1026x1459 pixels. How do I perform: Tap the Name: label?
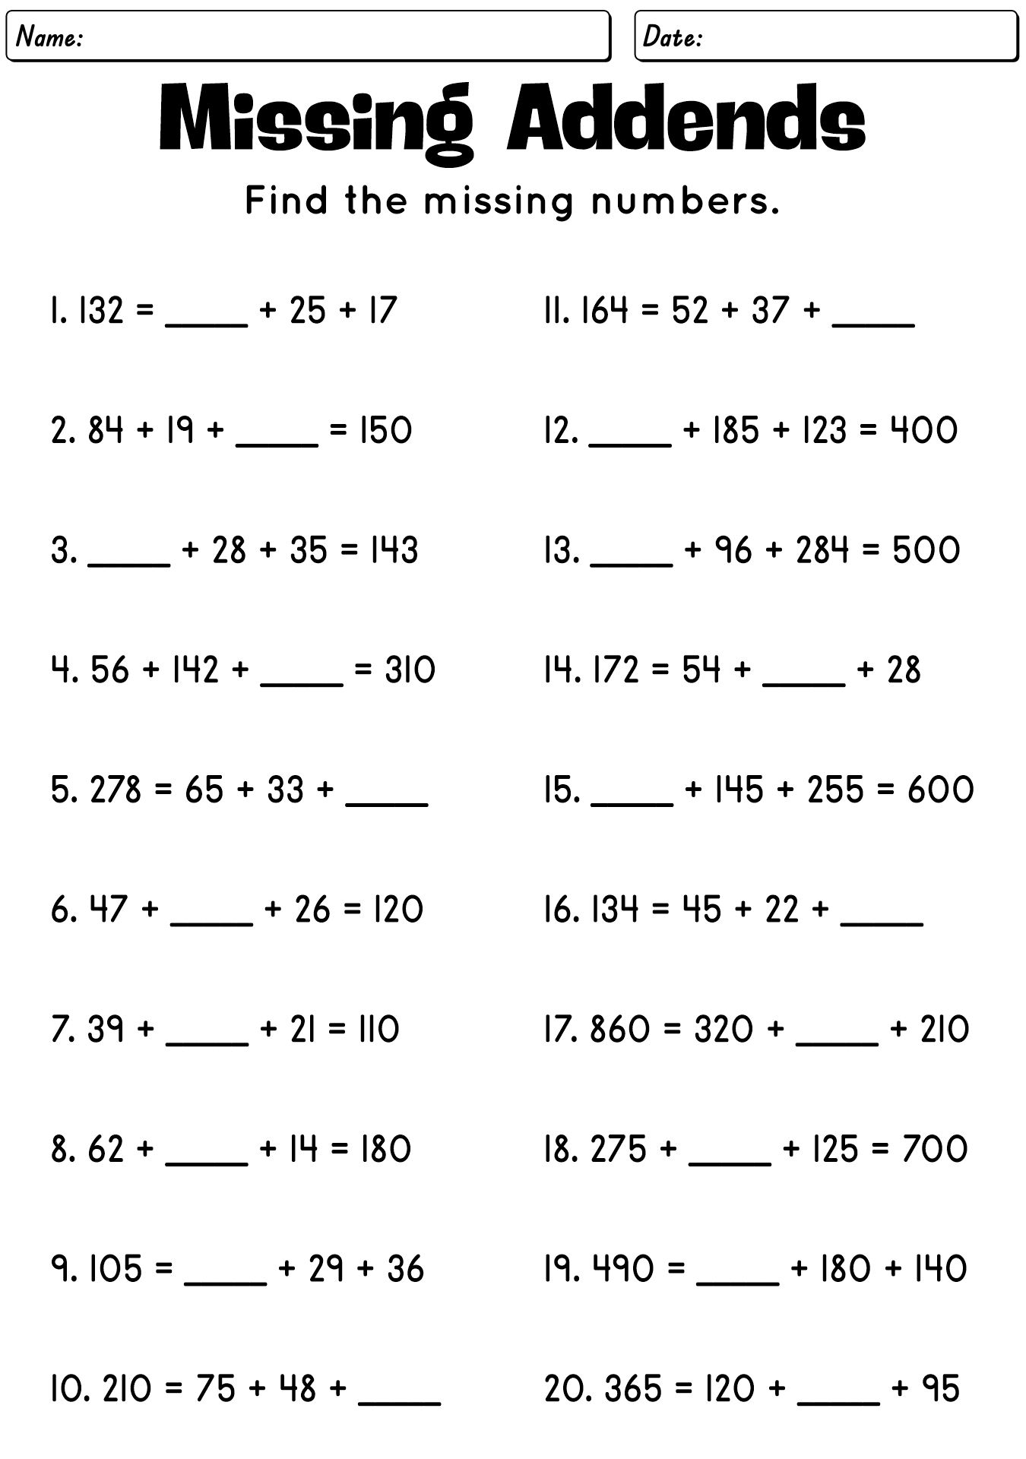click(x=49, y=36)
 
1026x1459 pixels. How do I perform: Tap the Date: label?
click(x=673, y=36)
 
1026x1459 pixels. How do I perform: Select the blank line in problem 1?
click(x=207, y=323)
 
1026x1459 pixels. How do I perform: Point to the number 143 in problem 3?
click(x=392, y=551)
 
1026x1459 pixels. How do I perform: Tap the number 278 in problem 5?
click(x=116, y=790)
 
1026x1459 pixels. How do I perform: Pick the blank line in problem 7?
click(x=207, y=1043)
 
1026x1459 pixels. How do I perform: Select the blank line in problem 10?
click(x=399, y=1402)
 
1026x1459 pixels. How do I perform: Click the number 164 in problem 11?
click(x=604, y=312)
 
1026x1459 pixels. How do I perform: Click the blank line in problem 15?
click(x=632, y=802)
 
